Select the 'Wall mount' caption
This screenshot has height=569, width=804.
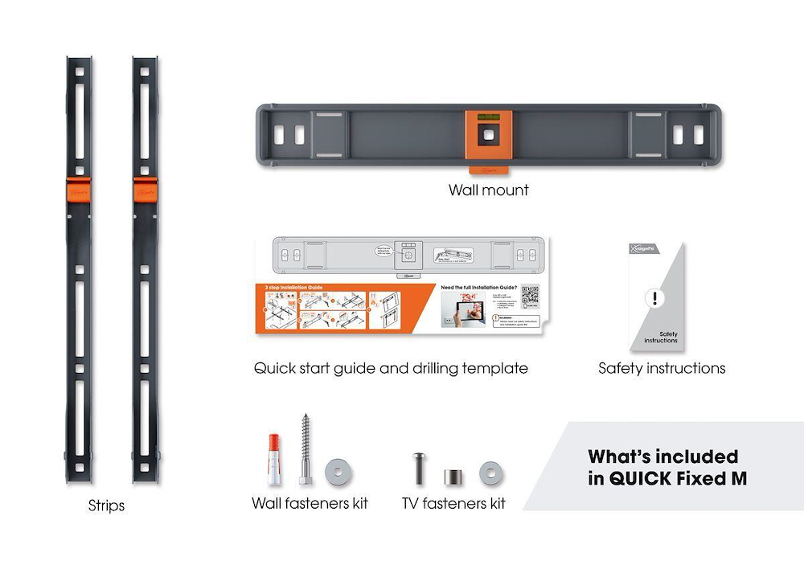pos(488,191)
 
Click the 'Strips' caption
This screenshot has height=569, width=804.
pos(106,506)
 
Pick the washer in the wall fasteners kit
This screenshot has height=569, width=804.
pos(337,472)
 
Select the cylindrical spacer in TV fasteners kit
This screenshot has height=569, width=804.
pos(451,473)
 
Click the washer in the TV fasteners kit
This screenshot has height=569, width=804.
pos(489,473)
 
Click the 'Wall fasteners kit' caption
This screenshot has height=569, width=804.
pos(310,503)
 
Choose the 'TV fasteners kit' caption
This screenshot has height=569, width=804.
pos(453,503)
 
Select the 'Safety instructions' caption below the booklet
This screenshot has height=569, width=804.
pos(662,368)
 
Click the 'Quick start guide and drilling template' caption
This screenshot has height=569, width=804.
pos(391,368)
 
